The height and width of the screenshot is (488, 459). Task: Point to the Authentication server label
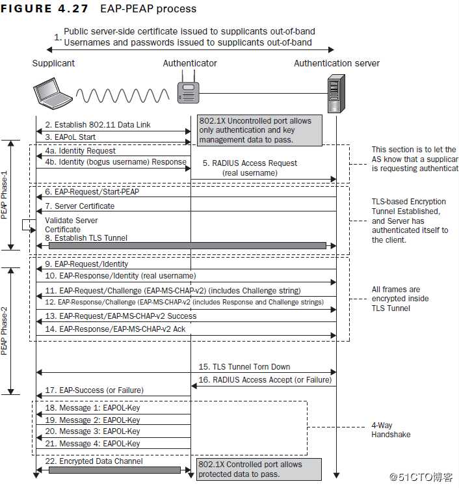click(336, 63)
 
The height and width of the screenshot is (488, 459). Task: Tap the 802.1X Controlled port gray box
click(259, 469)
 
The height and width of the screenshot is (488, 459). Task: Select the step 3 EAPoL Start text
click(75, 137)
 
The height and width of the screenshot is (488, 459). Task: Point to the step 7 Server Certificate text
click(79, 206)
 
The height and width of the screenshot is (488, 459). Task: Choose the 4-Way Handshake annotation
click(391, 430)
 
